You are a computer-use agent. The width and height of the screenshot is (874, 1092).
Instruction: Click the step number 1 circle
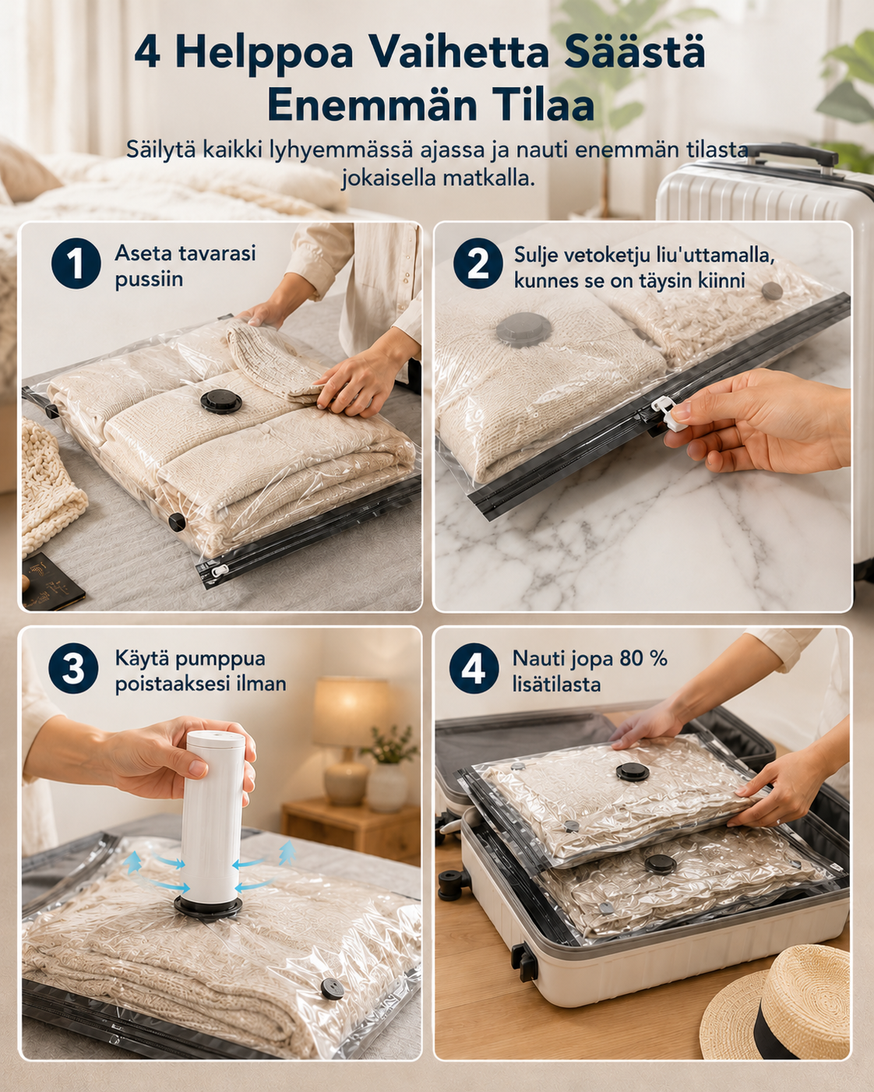click(x=76, y=263)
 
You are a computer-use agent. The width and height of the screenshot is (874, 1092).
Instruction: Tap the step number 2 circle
click(x=478, y=263)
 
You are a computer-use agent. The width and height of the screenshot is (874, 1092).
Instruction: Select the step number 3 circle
click(x=73, y=668)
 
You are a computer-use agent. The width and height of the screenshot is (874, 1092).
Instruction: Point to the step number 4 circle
click(x=474, y=668)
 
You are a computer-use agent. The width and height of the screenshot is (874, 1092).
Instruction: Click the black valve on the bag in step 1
click(x=220, y=401)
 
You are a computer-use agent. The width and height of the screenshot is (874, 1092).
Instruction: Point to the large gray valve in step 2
click(x=523, y=329)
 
